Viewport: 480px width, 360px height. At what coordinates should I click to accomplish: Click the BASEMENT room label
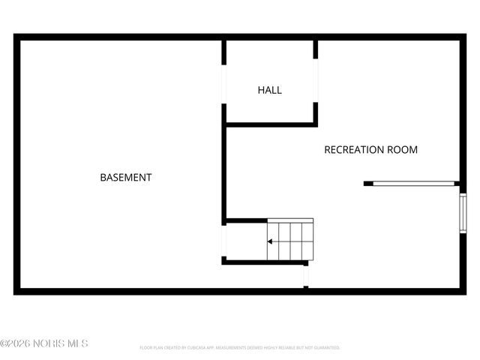click(x=126, y=178)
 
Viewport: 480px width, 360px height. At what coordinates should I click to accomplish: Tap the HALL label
click(x=270, y=90)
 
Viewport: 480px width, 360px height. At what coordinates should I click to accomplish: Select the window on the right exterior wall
click(x=463, y=214)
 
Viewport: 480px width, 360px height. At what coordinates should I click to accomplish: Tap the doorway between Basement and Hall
click(x=223, y=83)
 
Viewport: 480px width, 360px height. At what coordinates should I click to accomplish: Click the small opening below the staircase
click(x=306, y=276)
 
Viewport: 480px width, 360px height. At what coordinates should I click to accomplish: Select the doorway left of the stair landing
click(x=223, y=240)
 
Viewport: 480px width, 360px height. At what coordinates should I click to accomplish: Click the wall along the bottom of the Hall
click(x=270, y=124)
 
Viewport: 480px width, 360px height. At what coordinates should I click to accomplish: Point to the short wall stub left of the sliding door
click(x=368, y=183)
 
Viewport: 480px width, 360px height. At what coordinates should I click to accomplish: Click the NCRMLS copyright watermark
click(x=44, y=343)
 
